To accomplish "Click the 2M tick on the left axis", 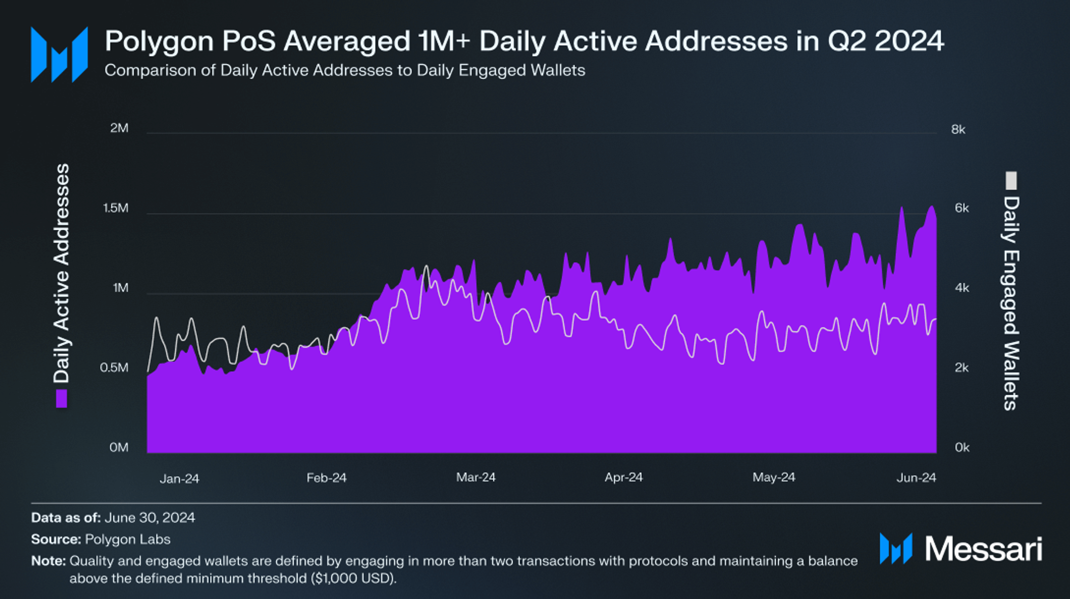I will [x=119, y=128].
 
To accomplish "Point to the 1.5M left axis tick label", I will [x=116, y=208].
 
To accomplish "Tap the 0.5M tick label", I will [x=114, y=368].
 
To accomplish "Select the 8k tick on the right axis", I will [x=958, y=130].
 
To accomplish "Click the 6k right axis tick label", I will [x=962, y=208].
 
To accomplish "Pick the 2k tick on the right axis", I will [x=962, y=368].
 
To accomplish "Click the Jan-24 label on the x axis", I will [x=179, y=479].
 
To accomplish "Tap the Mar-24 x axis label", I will [x=476, y=478].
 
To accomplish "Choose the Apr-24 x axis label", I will [x=623, y=478].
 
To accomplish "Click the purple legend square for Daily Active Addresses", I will [x=62, y=399].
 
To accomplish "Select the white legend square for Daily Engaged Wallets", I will [x=1011, y=180].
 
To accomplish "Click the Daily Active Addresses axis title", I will [x=62, y=273].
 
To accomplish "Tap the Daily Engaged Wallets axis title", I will [x=1011, y=303].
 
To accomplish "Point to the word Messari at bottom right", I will [x=983, y=549].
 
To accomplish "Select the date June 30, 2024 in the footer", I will [x=150, y=518].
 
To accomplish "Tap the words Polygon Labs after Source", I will [x=127, y=540].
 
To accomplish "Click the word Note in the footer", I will [x=48, y=561].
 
